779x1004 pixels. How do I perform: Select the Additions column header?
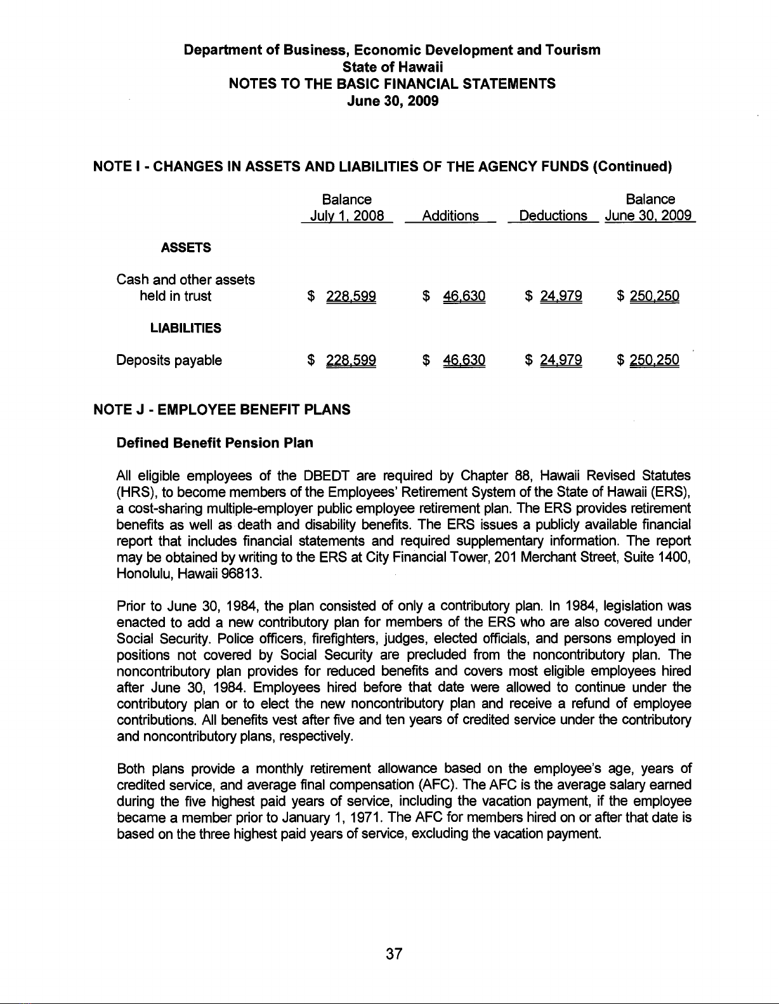point(450,216)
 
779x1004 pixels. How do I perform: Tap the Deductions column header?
point(553,216)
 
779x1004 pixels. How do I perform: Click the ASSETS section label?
point(185,248)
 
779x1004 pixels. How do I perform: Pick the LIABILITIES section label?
point(185,328)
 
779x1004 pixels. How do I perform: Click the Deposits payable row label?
point(169,360)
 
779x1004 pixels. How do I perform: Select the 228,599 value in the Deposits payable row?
point(351,360)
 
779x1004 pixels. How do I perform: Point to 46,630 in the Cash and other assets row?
point(464,296)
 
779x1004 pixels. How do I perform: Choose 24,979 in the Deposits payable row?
point(561,360)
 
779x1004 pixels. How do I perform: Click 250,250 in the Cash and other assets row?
point(655,296)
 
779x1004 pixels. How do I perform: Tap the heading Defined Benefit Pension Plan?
point(215,442)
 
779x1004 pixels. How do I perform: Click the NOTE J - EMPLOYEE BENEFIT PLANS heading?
point(222,409)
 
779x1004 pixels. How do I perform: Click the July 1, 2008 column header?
point(346,216)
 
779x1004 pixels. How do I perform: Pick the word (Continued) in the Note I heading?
point(631,168)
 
